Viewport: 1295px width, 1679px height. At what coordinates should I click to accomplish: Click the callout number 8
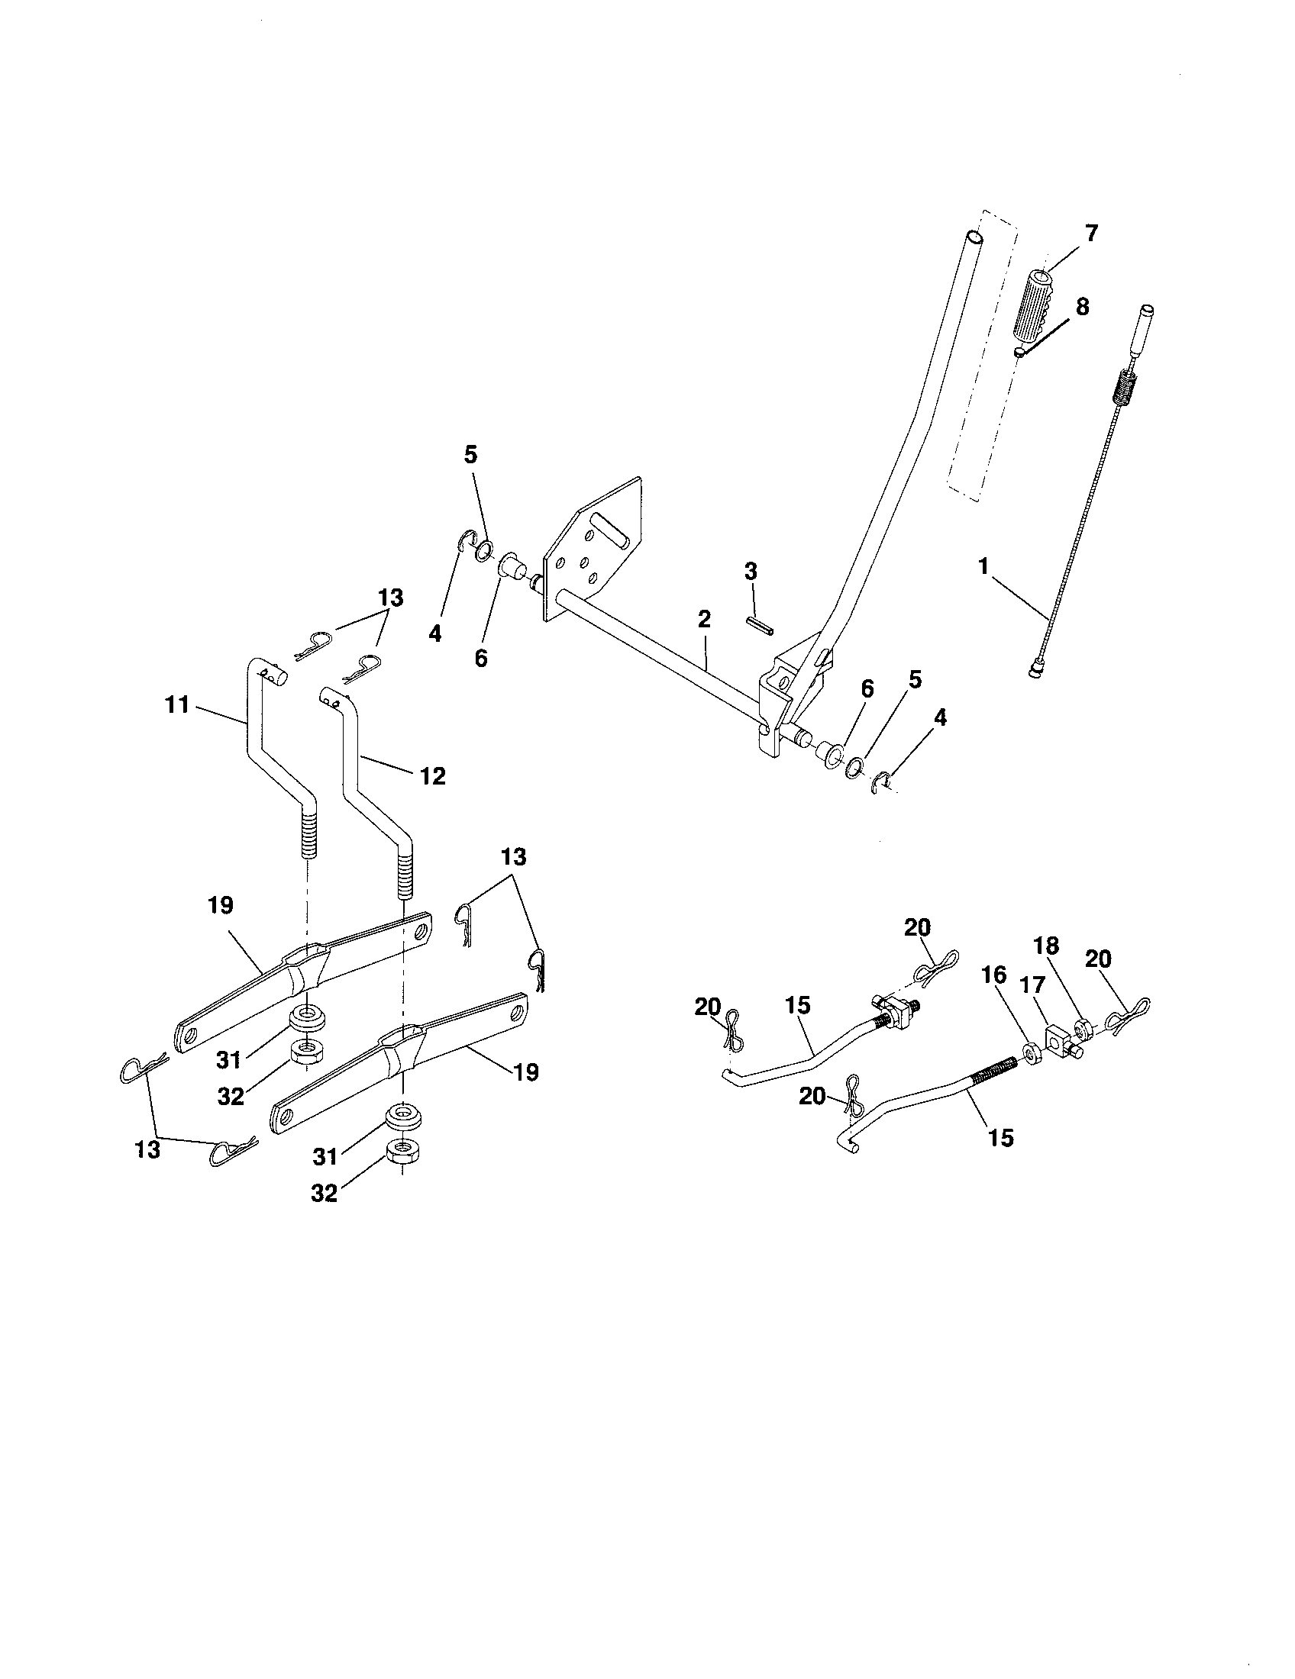click(1082, 307)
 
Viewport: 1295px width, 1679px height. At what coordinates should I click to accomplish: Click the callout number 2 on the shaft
click(705, 619)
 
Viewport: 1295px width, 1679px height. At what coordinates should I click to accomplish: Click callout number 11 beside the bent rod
click(177, 704)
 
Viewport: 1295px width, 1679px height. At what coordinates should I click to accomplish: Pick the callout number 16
click(993, 975)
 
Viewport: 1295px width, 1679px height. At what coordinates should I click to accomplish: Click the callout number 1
click(982, 566)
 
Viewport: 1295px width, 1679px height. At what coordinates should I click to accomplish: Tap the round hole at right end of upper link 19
click(420, 931)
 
